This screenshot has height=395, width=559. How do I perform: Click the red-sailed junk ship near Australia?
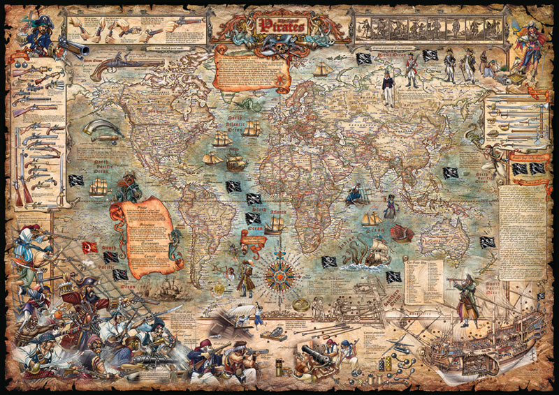click(x=401, y=233)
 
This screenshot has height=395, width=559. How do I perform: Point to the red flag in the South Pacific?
click(x=90, y=246)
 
